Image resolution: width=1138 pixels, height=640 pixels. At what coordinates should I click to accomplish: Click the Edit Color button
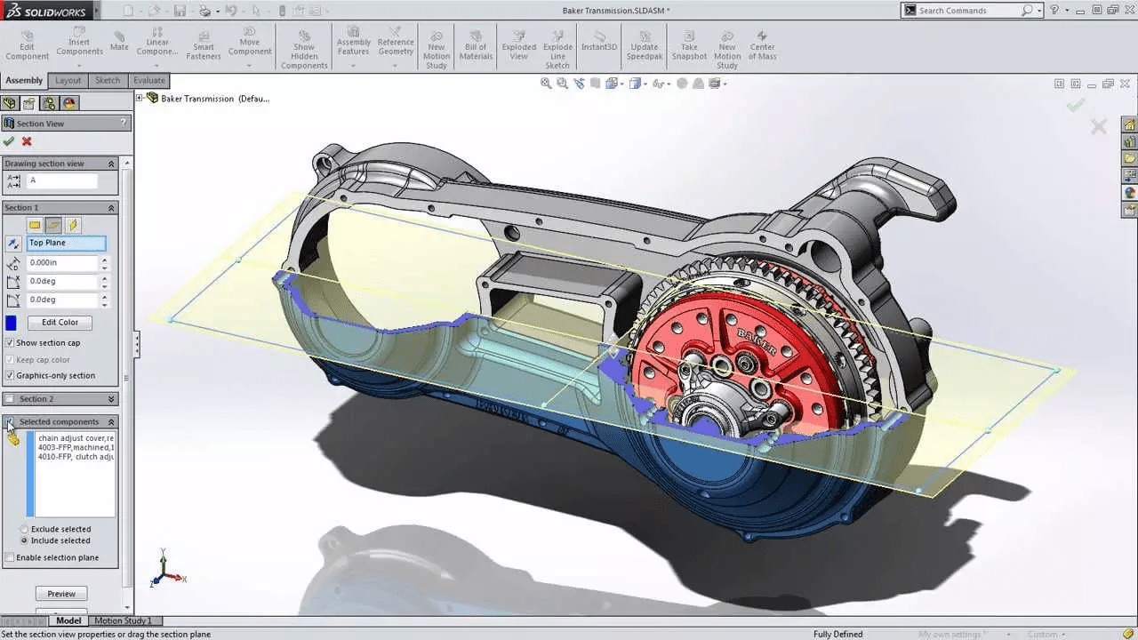[x=60, y=323]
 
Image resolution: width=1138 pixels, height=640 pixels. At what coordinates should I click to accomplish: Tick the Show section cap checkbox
[x=10, y=343]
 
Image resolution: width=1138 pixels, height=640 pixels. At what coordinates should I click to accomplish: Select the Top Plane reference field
[x=67, y=243]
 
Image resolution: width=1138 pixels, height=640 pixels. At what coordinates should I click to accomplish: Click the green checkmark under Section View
[x=9, y=141]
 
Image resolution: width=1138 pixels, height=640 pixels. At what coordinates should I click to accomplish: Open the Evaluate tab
[x=149, y=80]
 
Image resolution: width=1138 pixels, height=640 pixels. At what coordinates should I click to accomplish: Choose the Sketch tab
[x=108, y=80]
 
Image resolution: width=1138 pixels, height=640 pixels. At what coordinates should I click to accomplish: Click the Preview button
[x=61, y=594]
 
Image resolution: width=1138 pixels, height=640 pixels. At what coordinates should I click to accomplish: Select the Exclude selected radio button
[x=24, y=530]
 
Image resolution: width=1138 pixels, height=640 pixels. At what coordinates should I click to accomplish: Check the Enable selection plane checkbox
[x=10, y=558]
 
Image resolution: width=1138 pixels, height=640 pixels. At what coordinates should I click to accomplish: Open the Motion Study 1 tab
[x=123, y=621]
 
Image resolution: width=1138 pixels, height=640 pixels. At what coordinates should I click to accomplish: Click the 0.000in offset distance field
[x=62, y=263]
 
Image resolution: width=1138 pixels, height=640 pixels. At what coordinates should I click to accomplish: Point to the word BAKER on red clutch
[x=757, y=341]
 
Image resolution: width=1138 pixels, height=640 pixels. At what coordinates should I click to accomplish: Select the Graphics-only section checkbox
[x=10, y=376]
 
